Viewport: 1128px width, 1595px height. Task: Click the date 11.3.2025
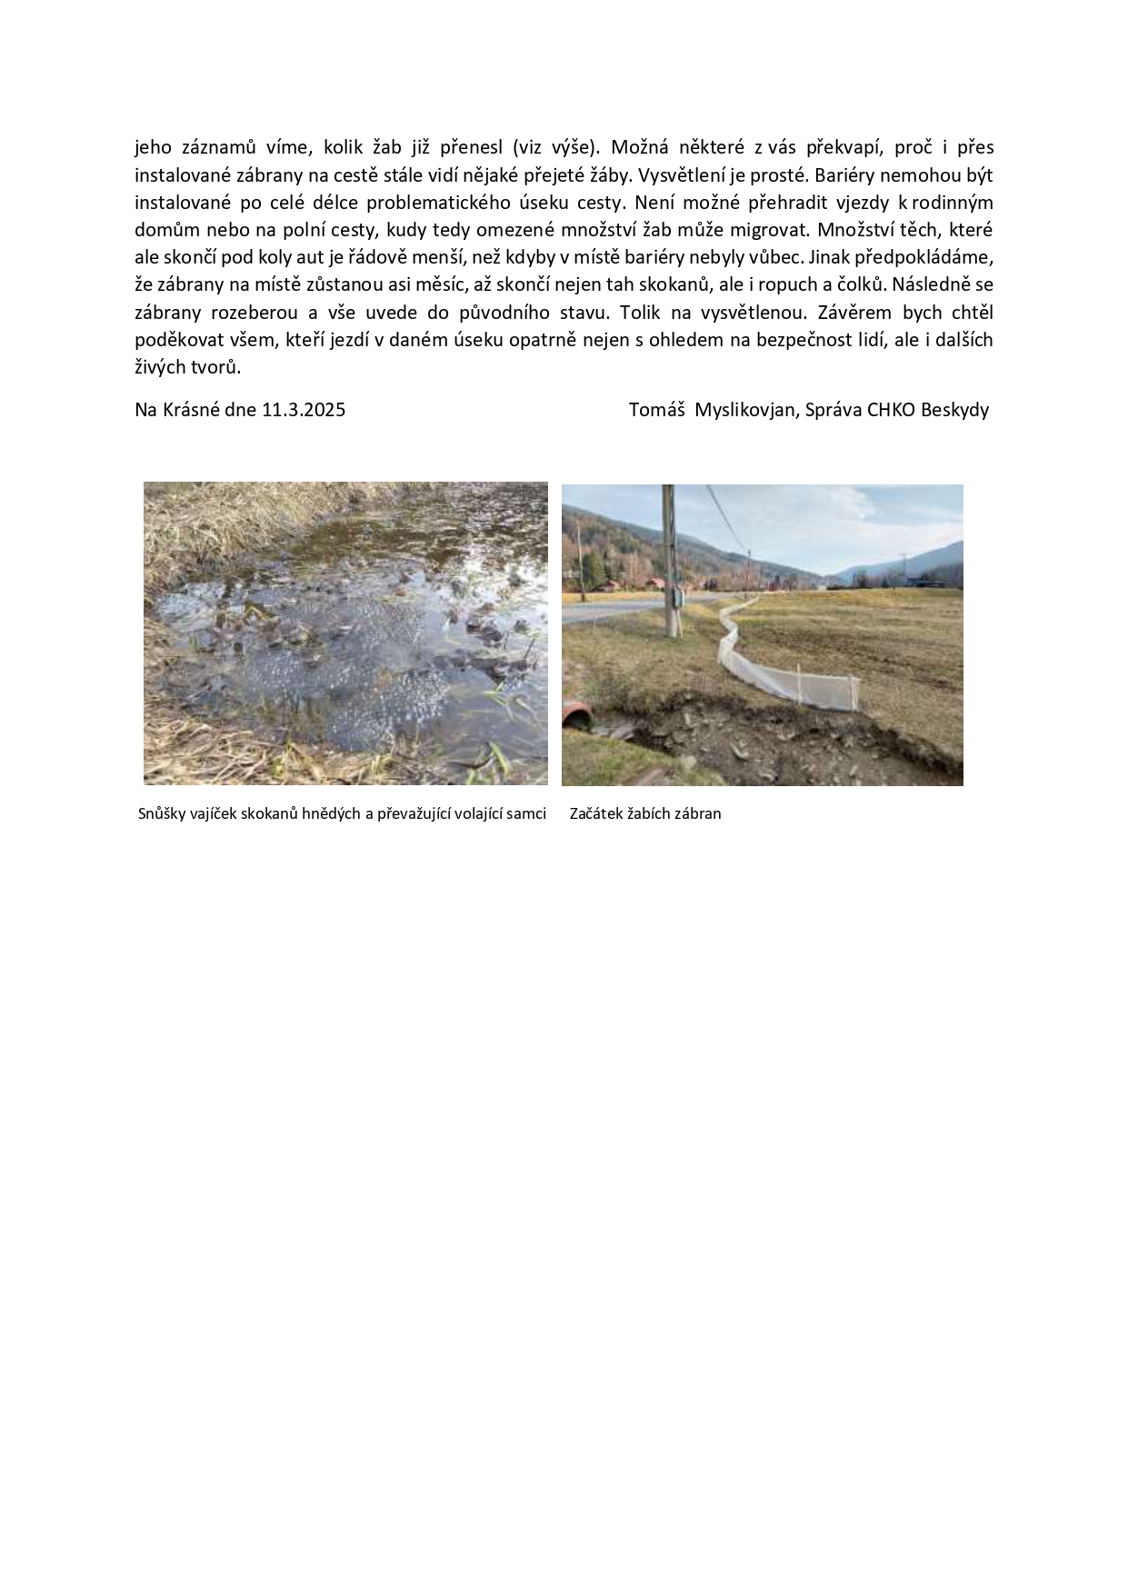(x=304, y=410)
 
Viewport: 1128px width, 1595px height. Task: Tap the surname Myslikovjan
(x=746, y=410)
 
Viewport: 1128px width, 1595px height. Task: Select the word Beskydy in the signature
(x=954, y=410)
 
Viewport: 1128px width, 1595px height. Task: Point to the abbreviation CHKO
(x=891, y=410)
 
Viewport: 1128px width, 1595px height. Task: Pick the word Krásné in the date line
(x=192, y=410)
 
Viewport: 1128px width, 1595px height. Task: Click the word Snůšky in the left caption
(x=163, y=814)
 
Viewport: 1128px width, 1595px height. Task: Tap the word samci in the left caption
(x=526, y=814)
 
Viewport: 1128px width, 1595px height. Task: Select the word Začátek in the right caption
(x=596, y=814)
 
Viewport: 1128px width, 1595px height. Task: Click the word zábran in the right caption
(x=697, y=814)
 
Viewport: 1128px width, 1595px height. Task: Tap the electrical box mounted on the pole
(x=676, y=597)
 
